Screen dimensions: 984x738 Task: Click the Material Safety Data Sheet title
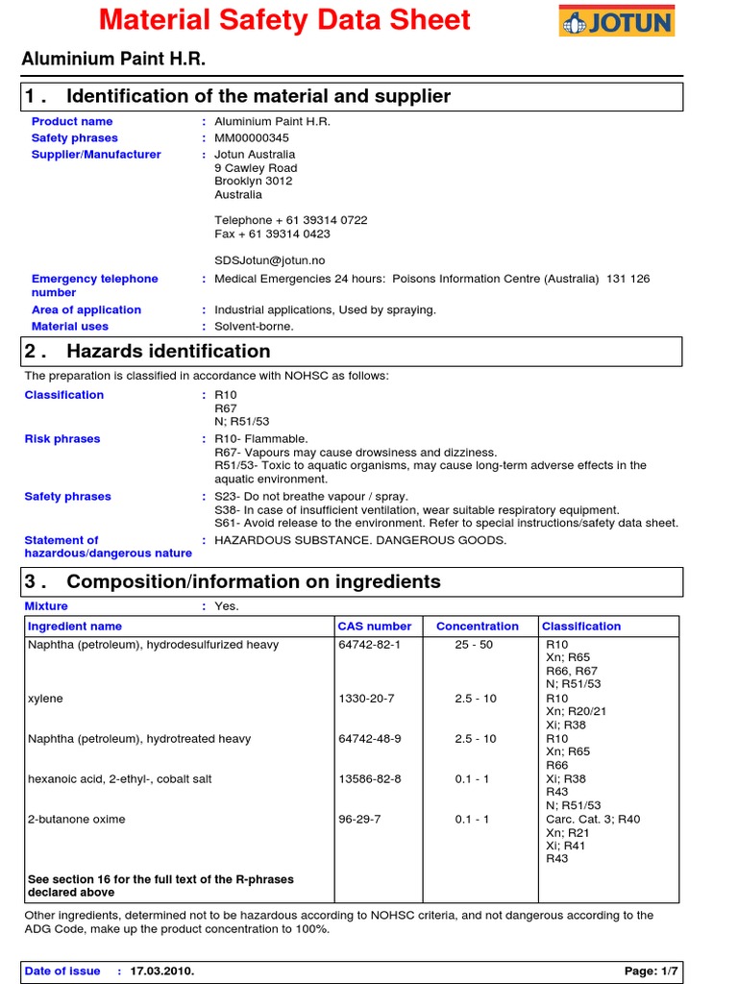coord(285,20)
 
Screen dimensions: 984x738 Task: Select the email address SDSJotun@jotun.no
coord(270,259)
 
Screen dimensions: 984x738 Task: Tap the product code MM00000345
coord(252,138)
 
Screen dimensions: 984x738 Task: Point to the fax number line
coord(272,234)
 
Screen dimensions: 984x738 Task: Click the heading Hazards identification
coord(168,351)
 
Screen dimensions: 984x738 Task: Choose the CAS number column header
coord(375,627)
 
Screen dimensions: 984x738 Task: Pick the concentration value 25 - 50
coord(474,645)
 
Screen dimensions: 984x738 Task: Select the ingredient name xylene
coord(45,699)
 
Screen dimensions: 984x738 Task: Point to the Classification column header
coord(581,627)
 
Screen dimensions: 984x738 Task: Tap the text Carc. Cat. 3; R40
coord(593,820)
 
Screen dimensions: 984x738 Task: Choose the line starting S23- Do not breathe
coord(311,497)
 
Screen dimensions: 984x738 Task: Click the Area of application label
coord(86,310)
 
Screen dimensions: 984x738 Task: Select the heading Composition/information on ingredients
coord(254,581)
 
